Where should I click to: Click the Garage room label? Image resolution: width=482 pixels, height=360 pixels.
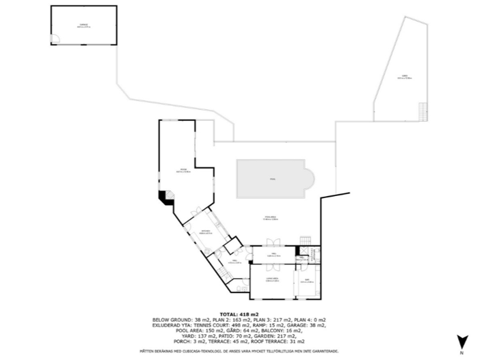click(x=83, y=25)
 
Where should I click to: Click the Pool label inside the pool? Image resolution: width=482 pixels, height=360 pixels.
click(x=272, y=179)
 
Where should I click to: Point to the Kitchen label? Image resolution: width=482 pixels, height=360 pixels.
click(x=205, y=232)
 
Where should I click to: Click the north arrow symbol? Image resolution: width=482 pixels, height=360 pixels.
click(x=463, y=342)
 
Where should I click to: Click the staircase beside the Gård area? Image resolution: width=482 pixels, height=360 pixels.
click(x=423, y=110)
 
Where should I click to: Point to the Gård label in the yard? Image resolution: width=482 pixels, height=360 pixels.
click(x=405, y=77)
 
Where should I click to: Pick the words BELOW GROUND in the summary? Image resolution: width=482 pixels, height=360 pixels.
click(x=172, y=320)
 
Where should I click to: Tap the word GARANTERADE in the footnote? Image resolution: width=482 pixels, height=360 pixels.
click(x=321, y=352)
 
